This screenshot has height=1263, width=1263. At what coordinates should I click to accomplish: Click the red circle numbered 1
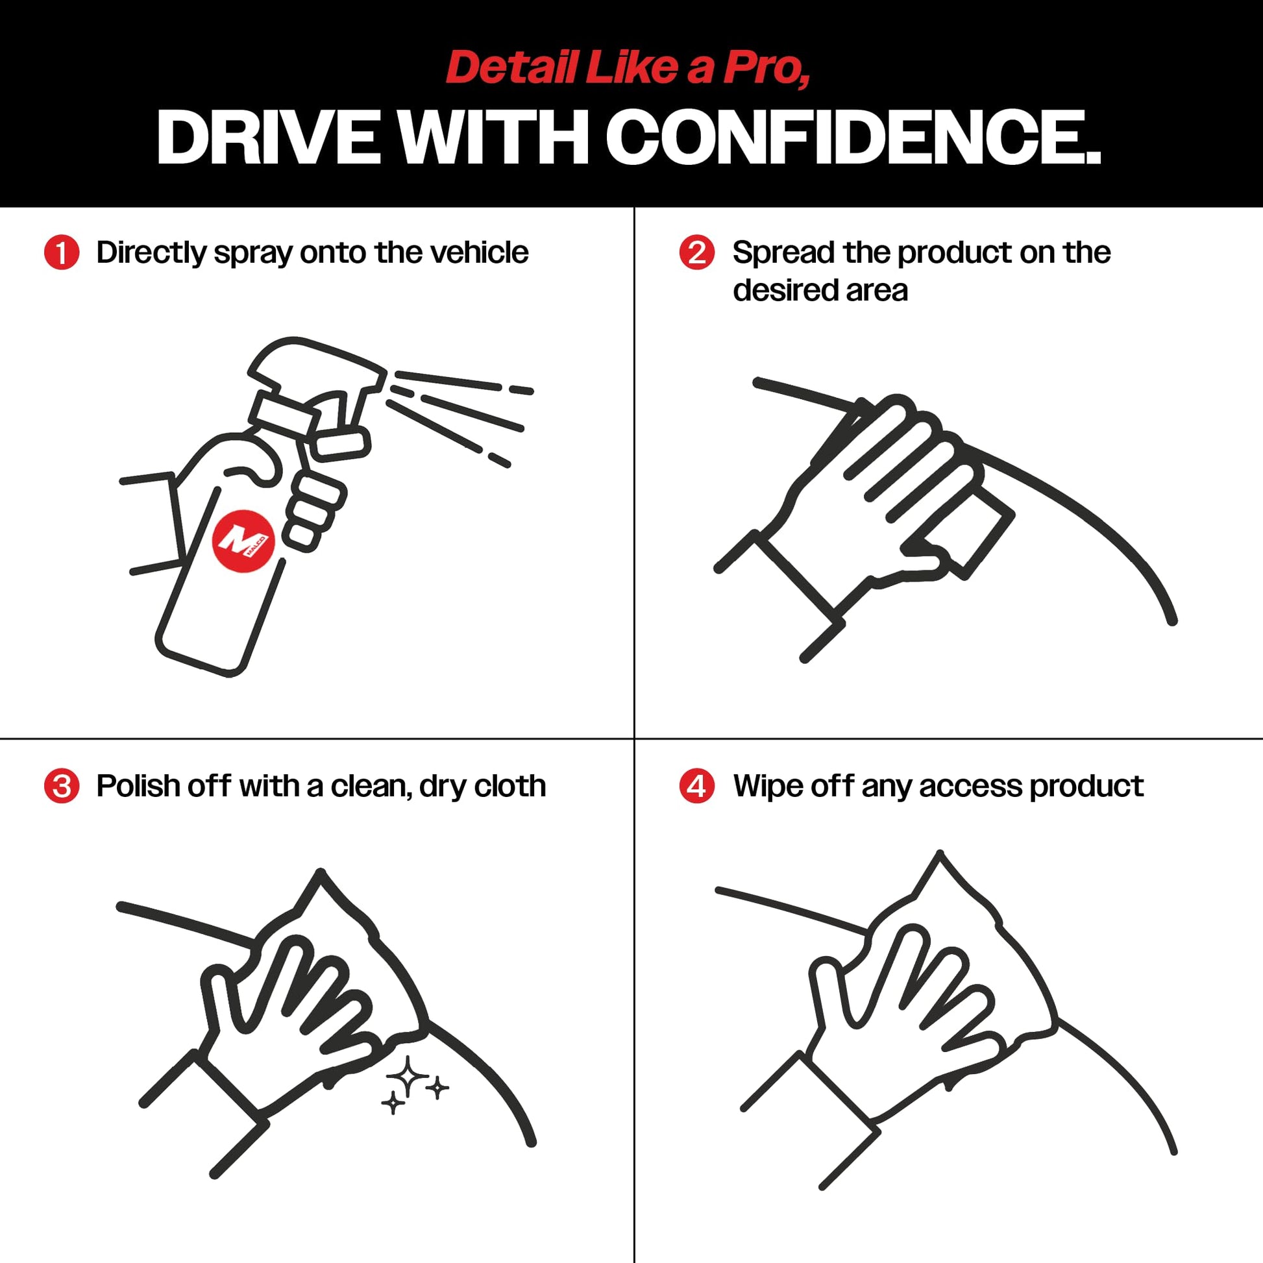click(x=62, y=252)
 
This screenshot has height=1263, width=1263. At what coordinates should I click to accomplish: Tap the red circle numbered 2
click(x=697, y=252)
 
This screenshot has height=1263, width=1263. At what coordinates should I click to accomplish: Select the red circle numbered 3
click(x=62, y=787)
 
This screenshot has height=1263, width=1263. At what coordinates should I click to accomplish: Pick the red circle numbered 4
click(x=697, y=787)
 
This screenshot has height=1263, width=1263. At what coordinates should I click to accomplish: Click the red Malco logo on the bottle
click(x=243, y=541)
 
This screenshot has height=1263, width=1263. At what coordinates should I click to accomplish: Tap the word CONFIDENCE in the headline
click(x=853, y=137)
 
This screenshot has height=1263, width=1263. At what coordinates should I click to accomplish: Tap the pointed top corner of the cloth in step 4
click(x=940, y=853)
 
